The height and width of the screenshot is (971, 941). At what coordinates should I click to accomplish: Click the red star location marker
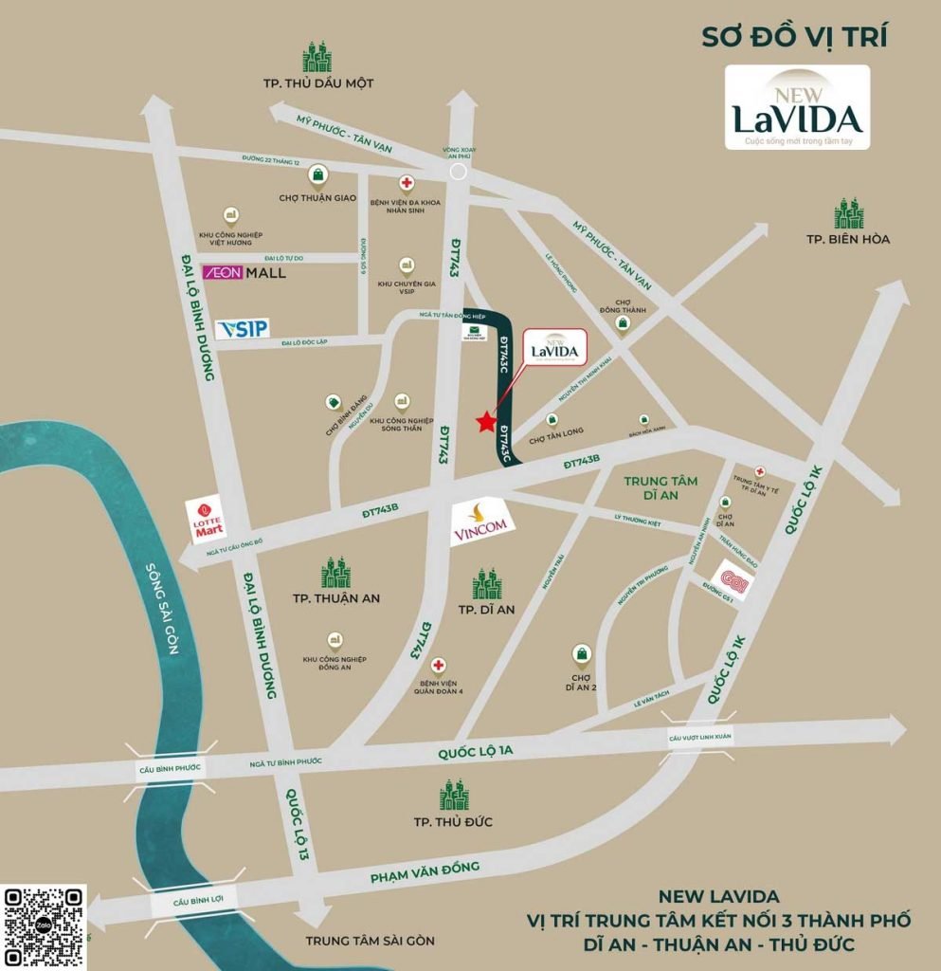tap(486, 421)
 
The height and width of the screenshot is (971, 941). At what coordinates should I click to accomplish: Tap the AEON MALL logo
tap(244, 272)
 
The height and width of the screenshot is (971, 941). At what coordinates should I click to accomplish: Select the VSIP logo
tap(243, 329)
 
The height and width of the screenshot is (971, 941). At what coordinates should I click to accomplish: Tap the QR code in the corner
tap(44, 926)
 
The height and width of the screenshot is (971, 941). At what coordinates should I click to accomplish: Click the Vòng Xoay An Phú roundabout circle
tap(459, 172)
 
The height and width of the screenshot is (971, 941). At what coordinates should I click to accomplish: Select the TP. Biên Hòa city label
tap(848, 239)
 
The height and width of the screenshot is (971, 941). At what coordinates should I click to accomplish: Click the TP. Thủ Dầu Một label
tap(318, 83)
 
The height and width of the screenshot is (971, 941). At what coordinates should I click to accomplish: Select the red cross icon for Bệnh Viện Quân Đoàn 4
tap(438, 666)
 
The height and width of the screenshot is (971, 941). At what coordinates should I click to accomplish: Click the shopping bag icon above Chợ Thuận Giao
tap(323, 174)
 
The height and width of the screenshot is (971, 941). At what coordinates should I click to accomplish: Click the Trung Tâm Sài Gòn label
tap(370, 941)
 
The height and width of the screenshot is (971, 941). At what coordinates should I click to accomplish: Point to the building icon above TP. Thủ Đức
tap(454, 796)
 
